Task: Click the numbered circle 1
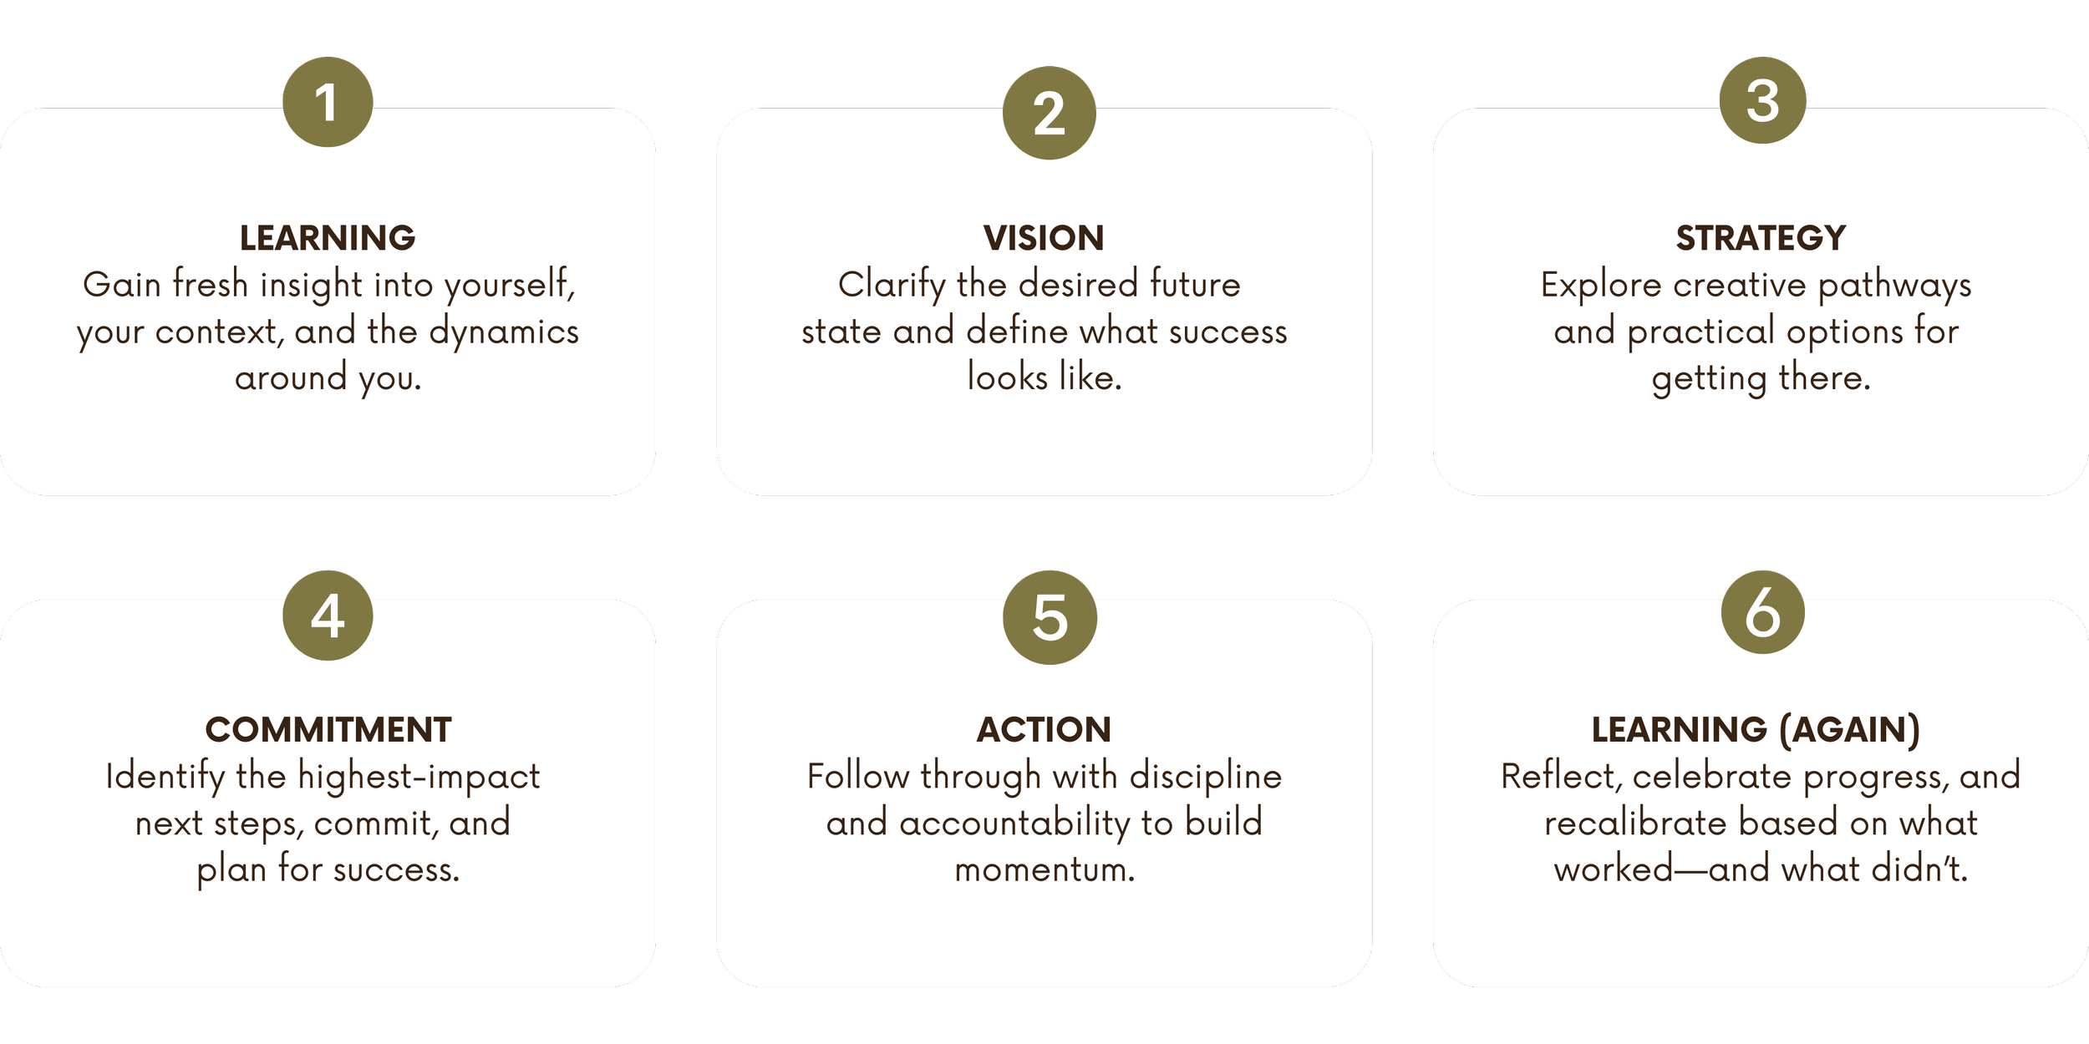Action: (x=328, y=102)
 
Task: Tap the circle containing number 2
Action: (x=1050, y=113)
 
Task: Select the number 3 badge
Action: (x=1762, y=101)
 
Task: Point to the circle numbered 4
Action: (x=328, y=616)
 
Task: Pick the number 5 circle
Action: (x=1050, y=617)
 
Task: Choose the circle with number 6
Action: (x=1762, y=612)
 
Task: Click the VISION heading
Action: (x=1044, y=238)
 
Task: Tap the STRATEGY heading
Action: (x=1761, y=238)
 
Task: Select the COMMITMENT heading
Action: (x=328, y=729)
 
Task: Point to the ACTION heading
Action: (x=1044, y=729)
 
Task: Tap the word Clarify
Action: (x=892, y=285)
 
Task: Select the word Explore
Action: (x=1601, y=285)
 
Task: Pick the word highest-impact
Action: (x=419, y=777)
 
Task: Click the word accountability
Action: (x=1019, y=824)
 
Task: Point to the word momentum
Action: (x=1044, y=869)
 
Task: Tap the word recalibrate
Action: (x=1635, y=824)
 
